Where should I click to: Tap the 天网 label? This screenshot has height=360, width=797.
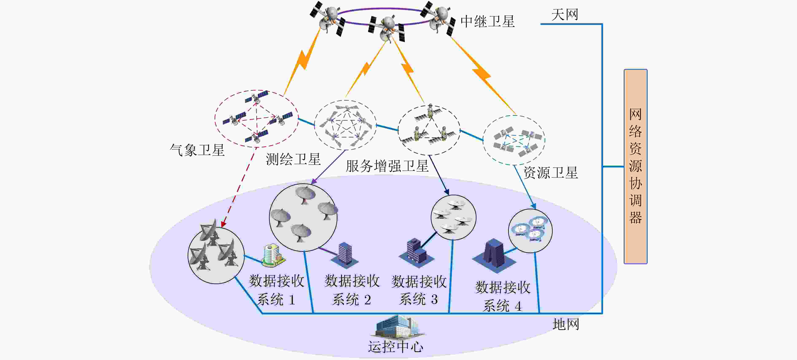coord(565,15)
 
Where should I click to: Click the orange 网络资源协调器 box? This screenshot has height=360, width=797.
coord(635,166)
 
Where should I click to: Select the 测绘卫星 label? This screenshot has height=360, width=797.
coord(293,159)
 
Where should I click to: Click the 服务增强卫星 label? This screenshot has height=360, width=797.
coord(387,166)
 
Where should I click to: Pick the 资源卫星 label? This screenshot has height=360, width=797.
coord(551,173)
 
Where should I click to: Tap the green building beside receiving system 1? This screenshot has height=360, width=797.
coord(273,255)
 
